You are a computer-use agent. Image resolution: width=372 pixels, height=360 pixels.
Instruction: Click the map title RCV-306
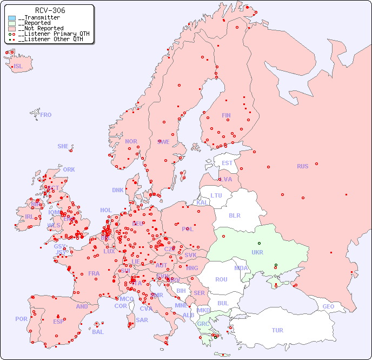point(50,10)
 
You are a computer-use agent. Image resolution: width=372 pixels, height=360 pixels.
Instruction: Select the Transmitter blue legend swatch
point(12,18)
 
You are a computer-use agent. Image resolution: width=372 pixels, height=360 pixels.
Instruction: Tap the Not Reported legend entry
point(41,29)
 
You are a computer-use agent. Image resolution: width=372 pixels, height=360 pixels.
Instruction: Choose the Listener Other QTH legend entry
point(50,39)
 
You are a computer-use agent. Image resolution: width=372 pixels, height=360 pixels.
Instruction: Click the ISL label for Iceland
point(18,67)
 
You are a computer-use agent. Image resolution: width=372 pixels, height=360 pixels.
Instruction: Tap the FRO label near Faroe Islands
point(46,115)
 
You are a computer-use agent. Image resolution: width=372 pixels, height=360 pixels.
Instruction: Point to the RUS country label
point(302,166)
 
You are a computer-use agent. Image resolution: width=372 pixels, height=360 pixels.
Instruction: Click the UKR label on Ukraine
point(257,252)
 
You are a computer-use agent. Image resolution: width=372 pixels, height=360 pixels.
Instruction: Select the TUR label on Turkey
point(277,330)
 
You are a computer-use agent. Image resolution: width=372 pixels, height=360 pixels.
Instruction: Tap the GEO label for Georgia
point(328,306)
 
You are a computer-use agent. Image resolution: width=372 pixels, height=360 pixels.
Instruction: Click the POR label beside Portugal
point(21,319)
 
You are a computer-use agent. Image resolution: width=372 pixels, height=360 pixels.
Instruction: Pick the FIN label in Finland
point(226,115)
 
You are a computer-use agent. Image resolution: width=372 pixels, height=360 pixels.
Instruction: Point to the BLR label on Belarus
point(234,215)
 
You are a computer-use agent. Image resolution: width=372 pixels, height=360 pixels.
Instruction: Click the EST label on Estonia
point(227,163)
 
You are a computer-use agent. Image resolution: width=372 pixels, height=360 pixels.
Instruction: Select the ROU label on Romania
point(221,279)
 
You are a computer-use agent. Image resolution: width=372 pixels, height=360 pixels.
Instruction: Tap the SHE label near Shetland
point(63,146)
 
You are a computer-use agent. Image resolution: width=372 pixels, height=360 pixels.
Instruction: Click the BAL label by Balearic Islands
point(98,332)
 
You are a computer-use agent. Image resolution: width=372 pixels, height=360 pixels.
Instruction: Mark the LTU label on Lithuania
point(216,195)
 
